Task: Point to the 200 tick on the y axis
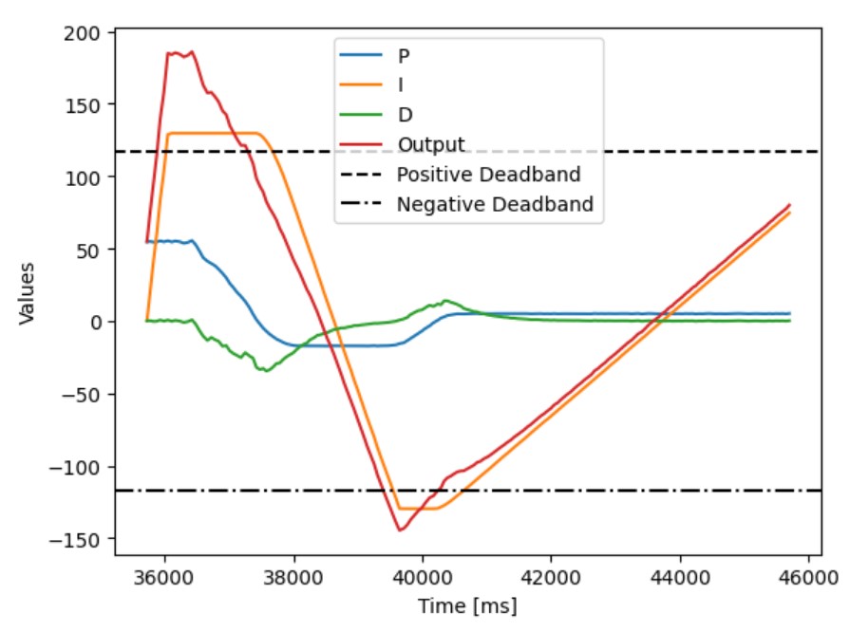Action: (x=87, y=32)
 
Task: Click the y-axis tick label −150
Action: (x=84, y=540)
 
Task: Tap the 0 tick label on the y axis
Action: (x=97, y=323)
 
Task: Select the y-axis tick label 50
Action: (x=92, y=250)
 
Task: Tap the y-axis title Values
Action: (x=28, y=293)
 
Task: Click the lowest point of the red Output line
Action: (x=401, y=530)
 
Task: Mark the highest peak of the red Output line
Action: (x=191, y=52)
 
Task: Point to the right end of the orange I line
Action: (x=789, y=213)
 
